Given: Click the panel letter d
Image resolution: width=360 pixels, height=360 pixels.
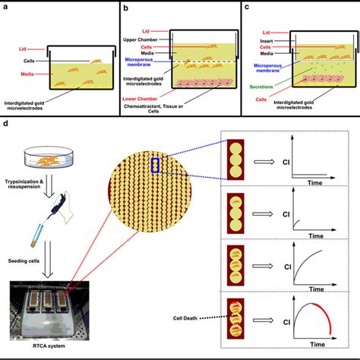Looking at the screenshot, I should [6, 122].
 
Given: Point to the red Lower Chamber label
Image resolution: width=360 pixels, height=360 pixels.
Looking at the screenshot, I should [142, 98].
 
